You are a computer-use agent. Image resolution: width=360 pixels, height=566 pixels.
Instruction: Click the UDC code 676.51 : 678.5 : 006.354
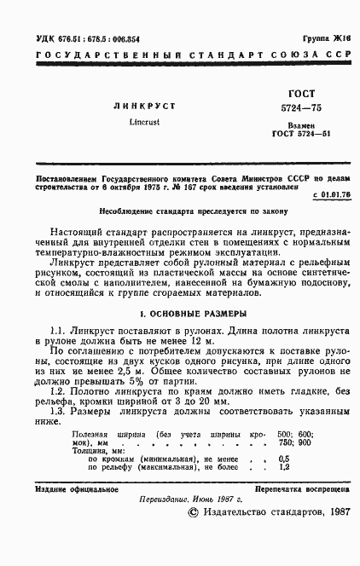click(75, 40)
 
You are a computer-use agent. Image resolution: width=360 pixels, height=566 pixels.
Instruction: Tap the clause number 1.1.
click(58, 330)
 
